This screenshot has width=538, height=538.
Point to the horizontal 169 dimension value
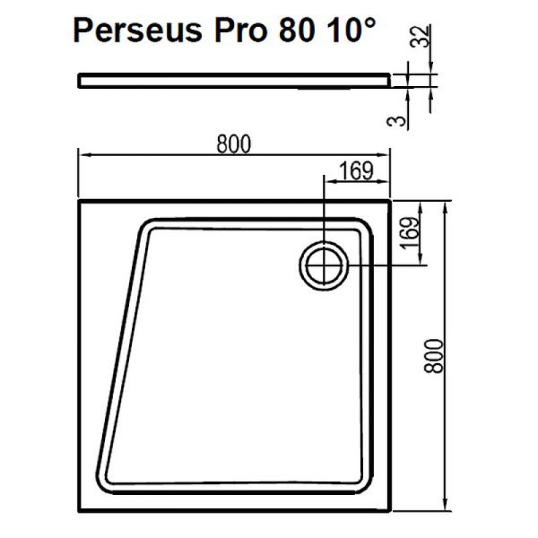point(356,169)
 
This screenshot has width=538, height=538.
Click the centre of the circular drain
point(323,265)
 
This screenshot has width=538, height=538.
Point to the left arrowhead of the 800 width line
point(83,155)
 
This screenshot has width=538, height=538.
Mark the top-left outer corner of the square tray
point(79,202)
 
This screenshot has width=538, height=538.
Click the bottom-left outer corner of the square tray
point(79,513)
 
